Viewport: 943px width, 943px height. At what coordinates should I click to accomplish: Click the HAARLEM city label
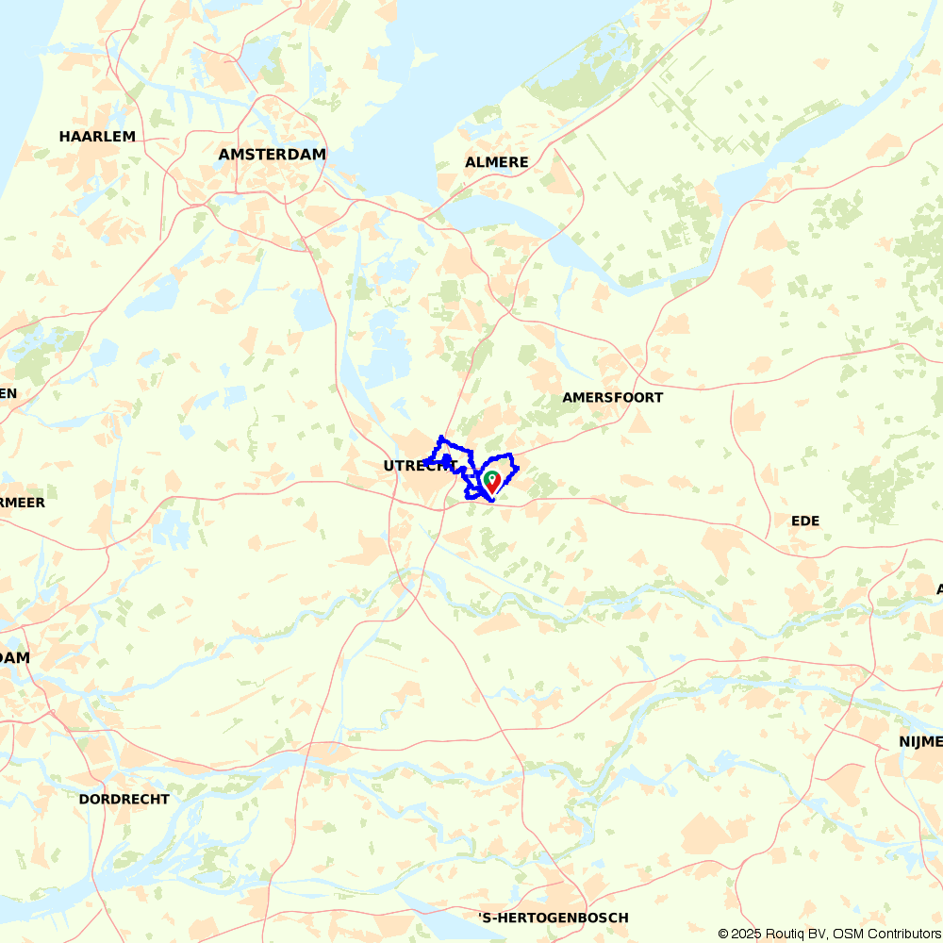coord(97,137)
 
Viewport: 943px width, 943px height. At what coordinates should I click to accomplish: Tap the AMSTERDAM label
coord(272,155)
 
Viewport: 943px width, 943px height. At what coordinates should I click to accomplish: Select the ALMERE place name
coord(497,162)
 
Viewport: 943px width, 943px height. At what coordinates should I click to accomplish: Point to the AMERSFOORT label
coord(612,398)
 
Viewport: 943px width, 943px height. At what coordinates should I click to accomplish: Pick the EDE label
coord(805,521)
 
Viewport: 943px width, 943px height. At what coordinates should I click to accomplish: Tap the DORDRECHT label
coord(124,800)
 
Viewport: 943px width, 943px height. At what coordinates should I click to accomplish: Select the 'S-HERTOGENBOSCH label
coord(554,918)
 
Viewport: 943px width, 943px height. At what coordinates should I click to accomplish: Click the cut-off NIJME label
coord(920,743)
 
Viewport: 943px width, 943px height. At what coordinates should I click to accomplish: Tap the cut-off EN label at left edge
coord(8,394)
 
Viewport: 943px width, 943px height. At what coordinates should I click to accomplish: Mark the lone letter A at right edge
coord(939,589)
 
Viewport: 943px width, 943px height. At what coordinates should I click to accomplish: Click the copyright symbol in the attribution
coord(723,934)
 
